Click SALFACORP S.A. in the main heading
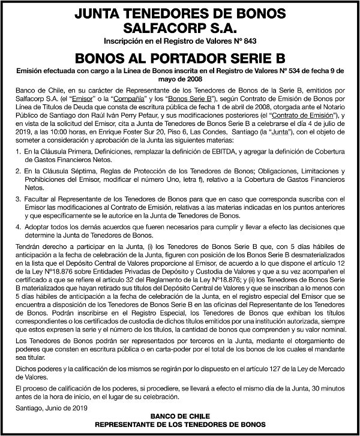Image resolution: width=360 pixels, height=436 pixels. click(179, 28)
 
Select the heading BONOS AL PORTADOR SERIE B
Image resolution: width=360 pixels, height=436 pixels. click(179, 59)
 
